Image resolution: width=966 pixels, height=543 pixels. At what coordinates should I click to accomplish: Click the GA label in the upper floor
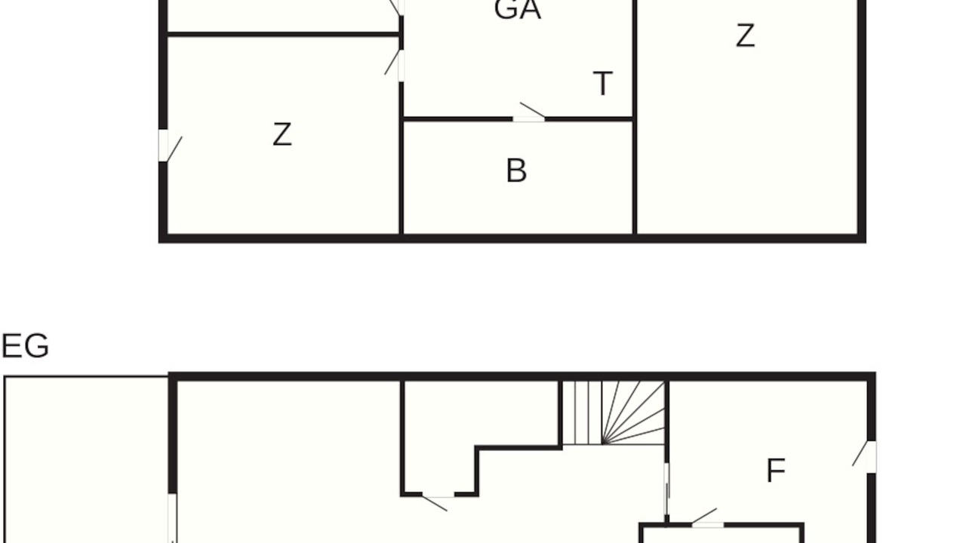coord(517,10)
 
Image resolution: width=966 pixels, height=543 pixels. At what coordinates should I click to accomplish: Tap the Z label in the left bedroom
coord(282,134)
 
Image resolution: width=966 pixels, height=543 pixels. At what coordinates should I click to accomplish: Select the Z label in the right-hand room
coord(745,35)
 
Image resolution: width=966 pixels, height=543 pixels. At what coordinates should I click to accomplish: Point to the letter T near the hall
coord(602,84)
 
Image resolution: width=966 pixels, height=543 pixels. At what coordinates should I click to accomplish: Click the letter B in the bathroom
coord(516,170)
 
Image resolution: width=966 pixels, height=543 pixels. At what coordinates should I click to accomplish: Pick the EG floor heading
coord(26,345)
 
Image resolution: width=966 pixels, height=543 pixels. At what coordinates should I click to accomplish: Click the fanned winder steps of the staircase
coord(633,413)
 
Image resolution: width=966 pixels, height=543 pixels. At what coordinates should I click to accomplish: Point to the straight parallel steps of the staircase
coord(582,413)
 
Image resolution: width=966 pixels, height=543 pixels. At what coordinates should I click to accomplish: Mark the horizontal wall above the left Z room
coord(283,35)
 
